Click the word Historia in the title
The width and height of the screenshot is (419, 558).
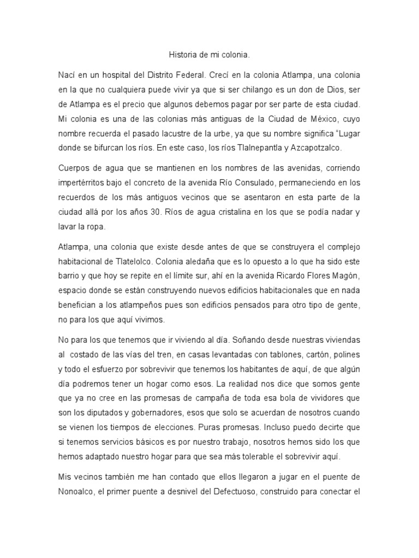click(180, 55)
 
